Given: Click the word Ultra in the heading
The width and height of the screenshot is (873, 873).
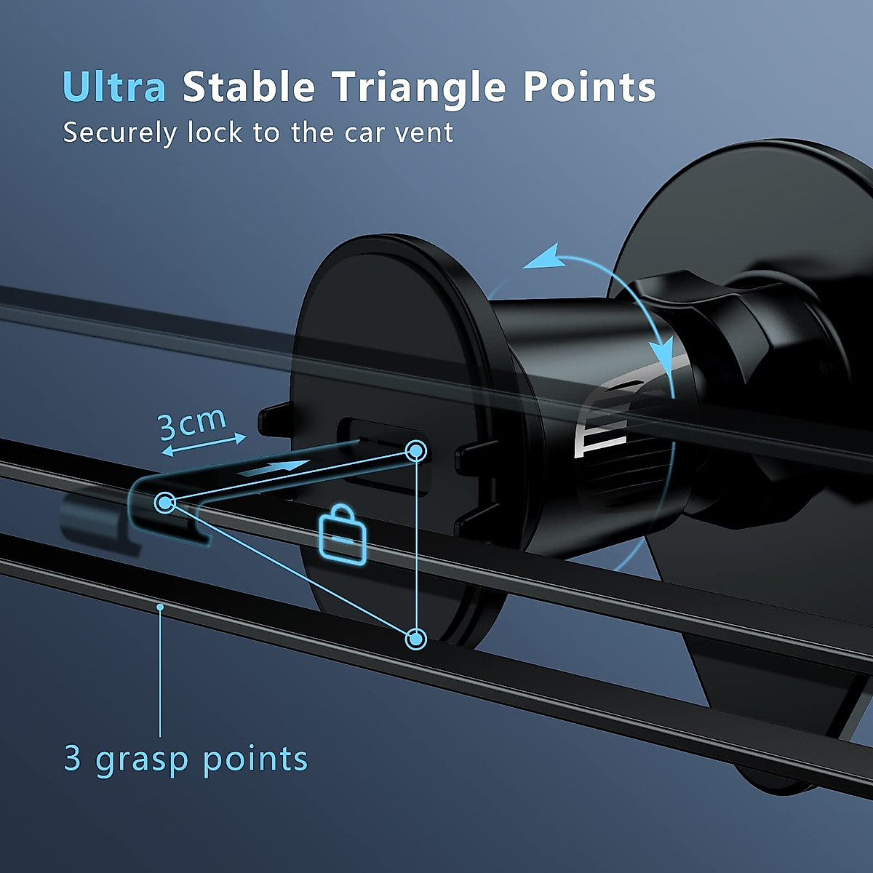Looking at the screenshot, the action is (114, 87).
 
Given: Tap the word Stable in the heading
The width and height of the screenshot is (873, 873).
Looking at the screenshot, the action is (249, 87).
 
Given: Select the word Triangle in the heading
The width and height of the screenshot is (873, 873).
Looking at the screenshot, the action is (420, 88).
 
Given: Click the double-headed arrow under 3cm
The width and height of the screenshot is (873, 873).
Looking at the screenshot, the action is (204, 445).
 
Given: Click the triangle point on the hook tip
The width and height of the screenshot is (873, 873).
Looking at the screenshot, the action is (165, 502).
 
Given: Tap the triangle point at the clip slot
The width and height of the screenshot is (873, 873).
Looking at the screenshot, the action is (416, 451).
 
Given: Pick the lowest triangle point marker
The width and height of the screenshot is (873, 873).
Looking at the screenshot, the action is (416, 639).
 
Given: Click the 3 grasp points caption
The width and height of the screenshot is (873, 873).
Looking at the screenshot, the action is (186, 759).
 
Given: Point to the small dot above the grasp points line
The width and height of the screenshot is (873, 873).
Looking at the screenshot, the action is (160, 605).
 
